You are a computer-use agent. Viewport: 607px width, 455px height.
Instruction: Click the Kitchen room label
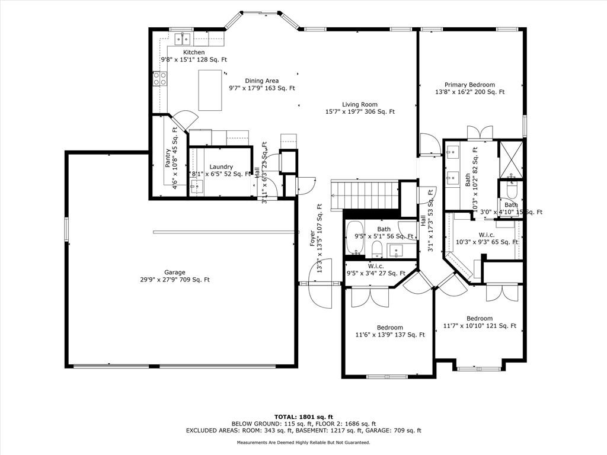tap(194, 52)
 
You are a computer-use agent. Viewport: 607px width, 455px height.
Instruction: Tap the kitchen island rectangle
tap(210, 90)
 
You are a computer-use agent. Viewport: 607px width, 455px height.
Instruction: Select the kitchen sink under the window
tap(182, 39)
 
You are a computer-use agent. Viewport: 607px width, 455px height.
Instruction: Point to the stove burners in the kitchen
tap(160, 79)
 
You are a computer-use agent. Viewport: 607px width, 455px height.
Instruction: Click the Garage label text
tap(175, 273)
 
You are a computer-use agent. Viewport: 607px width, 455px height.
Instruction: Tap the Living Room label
tap(360, 104)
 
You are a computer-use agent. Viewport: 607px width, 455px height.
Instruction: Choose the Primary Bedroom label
tap(469, 85)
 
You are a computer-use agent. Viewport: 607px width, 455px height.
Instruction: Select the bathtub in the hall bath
tap(354, 238)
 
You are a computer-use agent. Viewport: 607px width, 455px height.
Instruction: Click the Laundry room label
tap(221, 166)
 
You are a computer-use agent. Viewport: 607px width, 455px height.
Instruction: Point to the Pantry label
tap(167, 158)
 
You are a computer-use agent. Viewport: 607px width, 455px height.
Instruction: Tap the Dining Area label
tap(261, 81)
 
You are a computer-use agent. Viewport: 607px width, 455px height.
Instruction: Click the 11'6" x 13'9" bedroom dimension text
tap(390, 335)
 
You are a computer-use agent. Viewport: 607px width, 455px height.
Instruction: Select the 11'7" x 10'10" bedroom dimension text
tap(480, 326)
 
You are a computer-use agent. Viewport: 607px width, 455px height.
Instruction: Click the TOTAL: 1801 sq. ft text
tap(303, 416)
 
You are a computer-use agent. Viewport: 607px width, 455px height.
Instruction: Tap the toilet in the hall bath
tap(376, 249)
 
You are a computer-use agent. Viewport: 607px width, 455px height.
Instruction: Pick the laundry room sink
tap(197, 186)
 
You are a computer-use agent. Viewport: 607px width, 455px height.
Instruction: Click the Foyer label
tap(312, 238)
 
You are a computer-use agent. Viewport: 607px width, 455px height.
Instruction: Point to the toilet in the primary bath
tap(512, 190)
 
